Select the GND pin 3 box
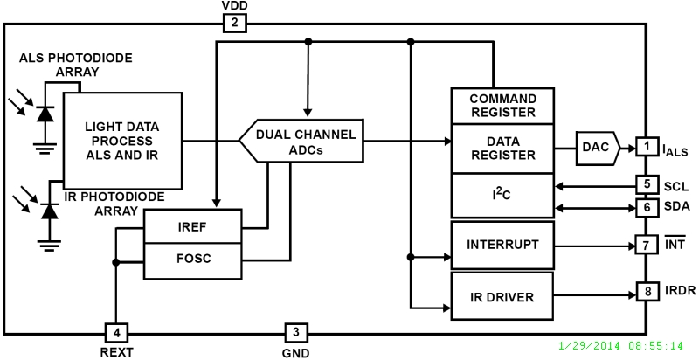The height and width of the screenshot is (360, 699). (295, 333)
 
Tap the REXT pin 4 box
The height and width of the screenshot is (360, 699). (115, 333)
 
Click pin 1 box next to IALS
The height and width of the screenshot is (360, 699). (646, 147)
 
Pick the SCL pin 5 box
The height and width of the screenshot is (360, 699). (646, 185)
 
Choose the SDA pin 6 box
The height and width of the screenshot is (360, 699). (646, 208)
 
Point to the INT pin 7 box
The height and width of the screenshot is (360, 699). (646, 246)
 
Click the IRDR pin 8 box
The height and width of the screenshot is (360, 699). (646, 291)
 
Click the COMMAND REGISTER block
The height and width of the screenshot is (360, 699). (502, 106)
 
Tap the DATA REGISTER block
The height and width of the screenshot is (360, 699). (502, 147)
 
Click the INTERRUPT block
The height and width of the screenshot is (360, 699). (502, 245)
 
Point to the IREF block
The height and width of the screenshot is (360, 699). (192, 226)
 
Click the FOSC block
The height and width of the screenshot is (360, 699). (192, 260)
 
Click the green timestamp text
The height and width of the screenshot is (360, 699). (621, 345)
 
